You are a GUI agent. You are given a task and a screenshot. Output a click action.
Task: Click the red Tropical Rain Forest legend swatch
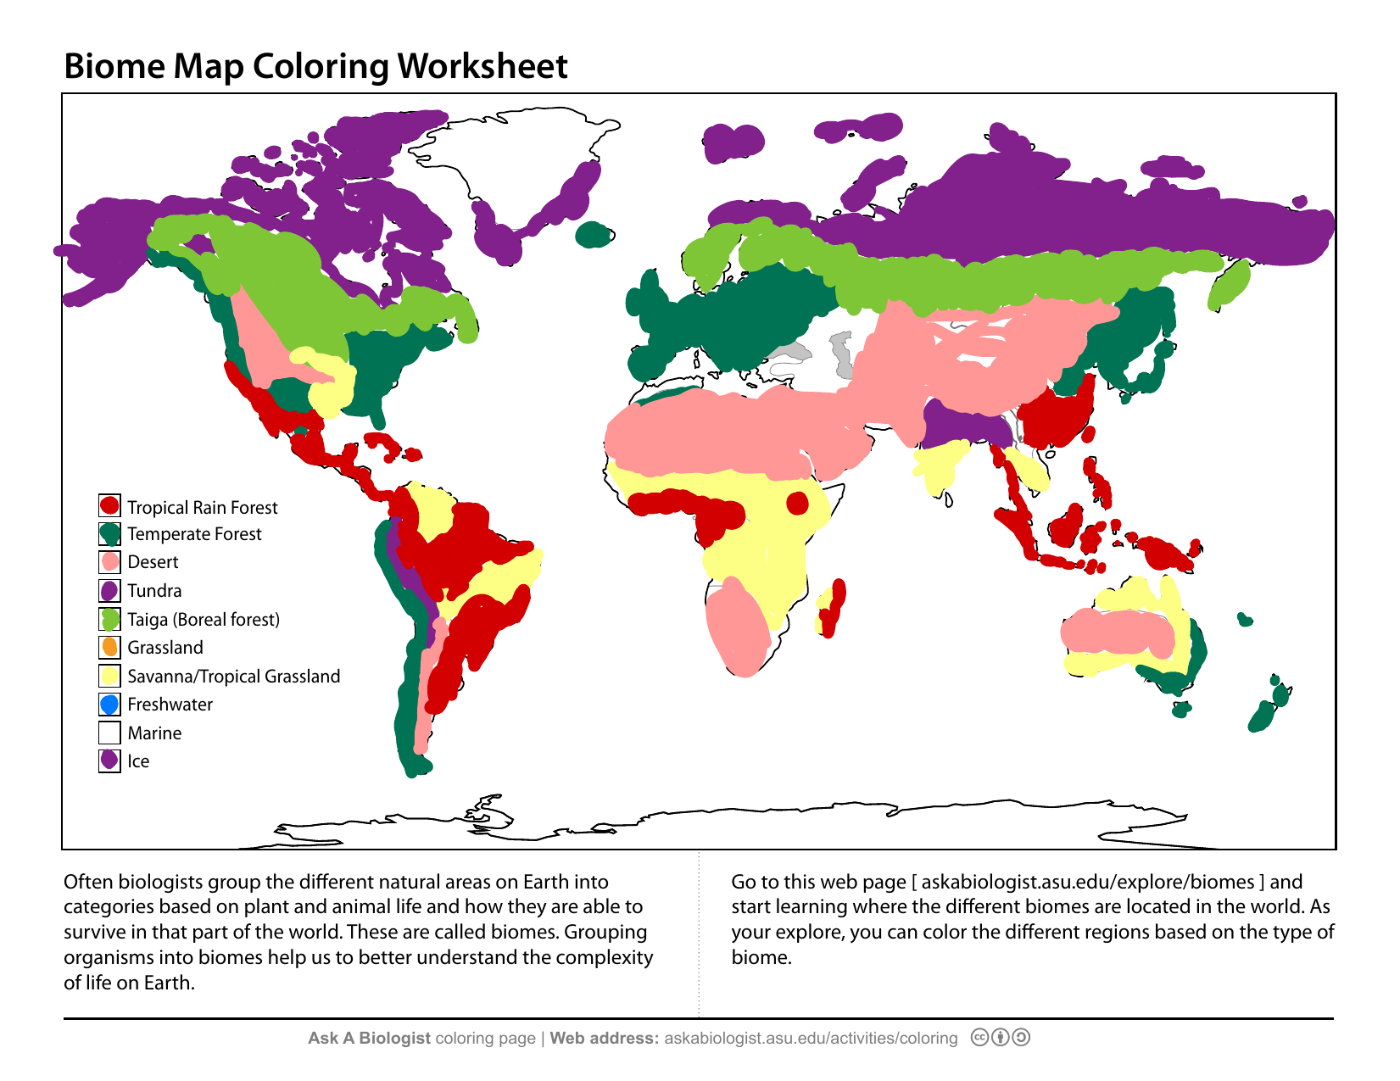point(109,506)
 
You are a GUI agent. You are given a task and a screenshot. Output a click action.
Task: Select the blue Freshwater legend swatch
point(109,704)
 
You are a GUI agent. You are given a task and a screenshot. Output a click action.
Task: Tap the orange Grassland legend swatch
point(109,647)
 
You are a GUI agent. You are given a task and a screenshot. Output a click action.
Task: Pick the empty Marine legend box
point(109,733)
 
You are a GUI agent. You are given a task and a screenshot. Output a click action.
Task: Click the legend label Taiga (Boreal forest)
point(204,620)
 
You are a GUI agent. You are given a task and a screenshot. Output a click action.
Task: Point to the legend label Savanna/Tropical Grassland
point(233,677)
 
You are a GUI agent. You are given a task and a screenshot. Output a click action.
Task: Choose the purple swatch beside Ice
point(109,761)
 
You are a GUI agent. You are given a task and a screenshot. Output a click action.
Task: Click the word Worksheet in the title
point(482,66)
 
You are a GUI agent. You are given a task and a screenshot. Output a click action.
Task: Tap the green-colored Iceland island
point(594,235)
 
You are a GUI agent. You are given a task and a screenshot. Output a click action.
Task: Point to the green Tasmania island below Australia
point(1180,710)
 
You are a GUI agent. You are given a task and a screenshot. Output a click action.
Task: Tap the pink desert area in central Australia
point(1119,632)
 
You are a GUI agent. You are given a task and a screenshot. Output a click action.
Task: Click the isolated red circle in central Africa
point(797,504)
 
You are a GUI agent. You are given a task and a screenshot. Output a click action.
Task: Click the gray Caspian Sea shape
point(842,354)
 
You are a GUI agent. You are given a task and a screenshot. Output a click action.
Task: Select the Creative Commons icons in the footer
point(1000,1038)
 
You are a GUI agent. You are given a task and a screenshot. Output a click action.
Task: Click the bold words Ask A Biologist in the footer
point(369,1039)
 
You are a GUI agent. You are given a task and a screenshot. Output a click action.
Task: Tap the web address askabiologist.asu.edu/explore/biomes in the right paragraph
point(1087,882)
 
